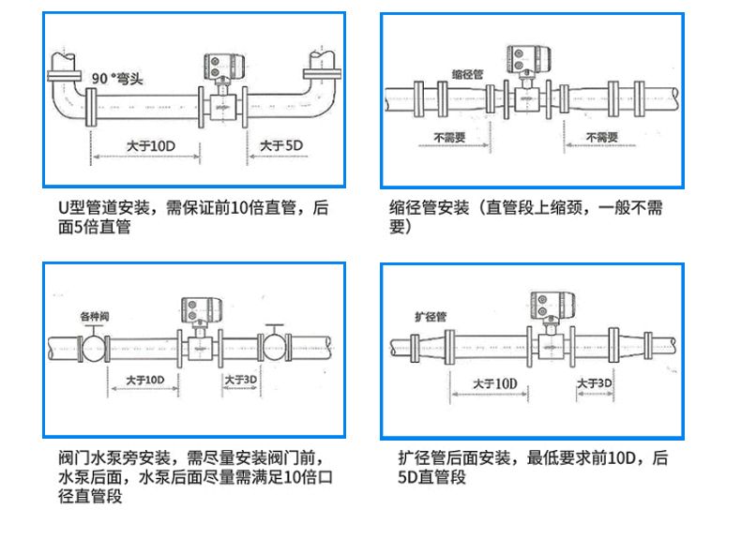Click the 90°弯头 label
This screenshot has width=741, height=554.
117,77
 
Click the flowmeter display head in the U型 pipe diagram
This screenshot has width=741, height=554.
223,67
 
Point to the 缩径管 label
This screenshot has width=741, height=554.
466,72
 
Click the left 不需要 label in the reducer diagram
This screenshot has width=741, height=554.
448,137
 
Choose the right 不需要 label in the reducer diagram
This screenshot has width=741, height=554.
601,137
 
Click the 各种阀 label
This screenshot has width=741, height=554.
94,314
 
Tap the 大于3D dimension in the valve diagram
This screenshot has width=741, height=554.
240,380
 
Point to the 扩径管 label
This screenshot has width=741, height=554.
430,316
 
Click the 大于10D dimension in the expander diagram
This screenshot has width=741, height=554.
494,384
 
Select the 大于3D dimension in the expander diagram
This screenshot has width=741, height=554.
594,384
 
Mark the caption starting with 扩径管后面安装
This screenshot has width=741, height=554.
533,468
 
